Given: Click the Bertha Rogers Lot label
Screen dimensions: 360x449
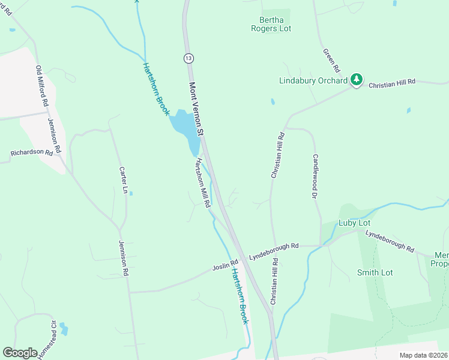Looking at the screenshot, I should pos(274,23).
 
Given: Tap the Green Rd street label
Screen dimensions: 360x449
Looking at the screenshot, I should pos(331,59).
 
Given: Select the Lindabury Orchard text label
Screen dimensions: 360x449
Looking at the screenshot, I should pos(313,80).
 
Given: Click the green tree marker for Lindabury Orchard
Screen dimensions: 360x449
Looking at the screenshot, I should pos(357,79).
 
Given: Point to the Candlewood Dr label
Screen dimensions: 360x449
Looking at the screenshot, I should pos(314,175).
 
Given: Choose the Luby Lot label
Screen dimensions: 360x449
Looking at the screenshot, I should pos(354,223).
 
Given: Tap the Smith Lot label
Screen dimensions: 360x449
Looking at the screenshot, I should pos(375,272).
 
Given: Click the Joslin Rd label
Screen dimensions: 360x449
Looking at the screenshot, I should pos(225,265).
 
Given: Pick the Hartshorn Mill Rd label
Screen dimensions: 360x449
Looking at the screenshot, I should pos(202,182).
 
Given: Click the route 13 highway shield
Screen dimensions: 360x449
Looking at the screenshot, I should pos(188,58).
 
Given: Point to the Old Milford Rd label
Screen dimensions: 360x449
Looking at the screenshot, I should pos(41,86).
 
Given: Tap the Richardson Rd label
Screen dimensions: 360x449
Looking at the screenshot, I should pos(31,152).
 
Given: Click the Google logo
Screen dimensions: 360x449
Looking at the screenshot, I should pos(20,353).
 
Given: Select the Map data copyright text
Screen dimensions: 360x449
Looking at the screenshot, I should pos(423,355).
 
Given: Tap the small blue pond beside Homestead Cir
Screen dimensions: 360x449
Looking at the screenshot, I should pos(63,329).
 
